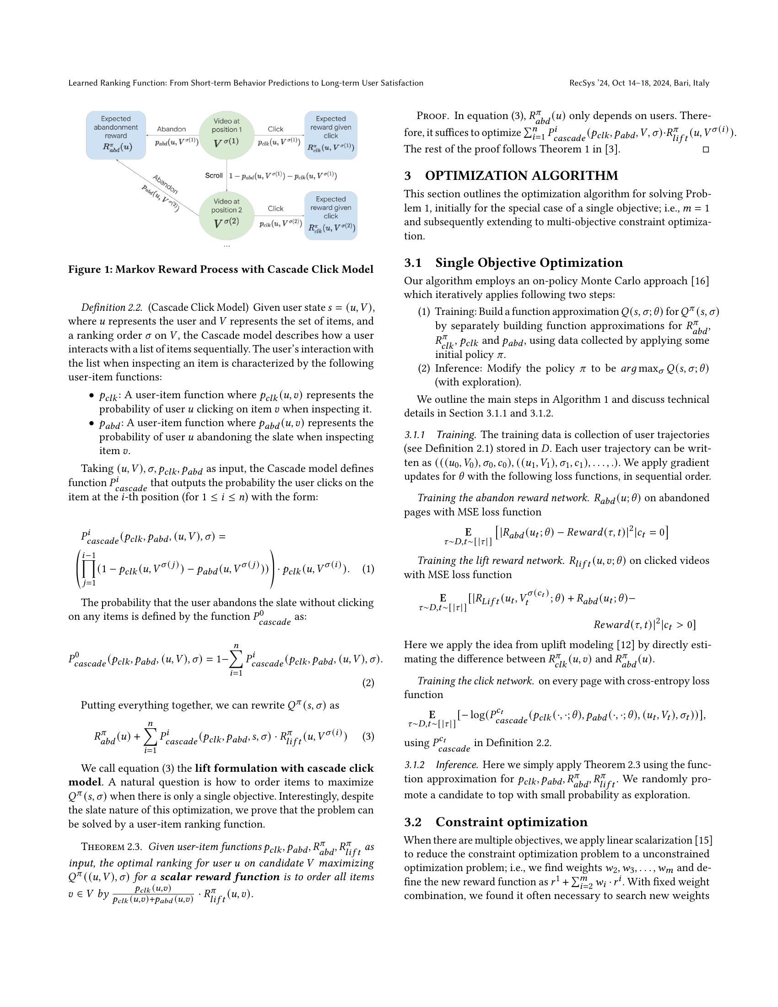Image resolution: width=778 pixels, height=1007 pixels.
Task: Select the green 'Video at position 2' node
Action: (226, 215)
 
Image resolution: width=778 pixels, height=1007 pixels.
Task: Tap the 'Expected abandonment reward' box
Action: (116, 135)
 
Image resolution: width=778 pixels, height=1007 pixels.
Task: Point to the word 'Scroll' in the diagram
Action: (214, 176)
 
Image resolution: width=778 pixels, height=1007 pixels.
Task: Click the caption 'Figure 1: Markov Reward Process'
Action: (221, 269)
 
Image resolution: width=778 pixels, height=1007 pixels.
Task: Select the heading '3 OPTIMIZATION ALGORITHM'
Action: (511, 176)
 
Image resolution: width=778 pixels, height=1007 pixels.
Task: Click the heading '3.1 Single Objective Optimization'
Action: (513, 263)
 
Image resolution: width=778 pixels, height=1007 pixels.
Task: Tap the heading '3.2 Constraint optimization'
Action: (496, 822)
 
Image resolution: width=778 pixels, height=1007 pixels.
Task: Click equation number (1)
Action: (368, 569)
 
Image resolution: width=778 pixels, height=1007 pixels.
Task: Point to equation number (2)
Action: (368, 683)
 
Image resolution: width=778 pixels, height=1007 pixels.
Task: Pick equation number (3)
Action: (368, 736)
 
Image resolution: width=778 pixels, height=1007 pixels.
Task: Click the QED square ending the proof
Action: (705, 149)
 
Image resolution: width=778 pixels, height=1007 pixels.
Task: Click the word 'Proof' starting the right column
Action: (432, 116)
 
